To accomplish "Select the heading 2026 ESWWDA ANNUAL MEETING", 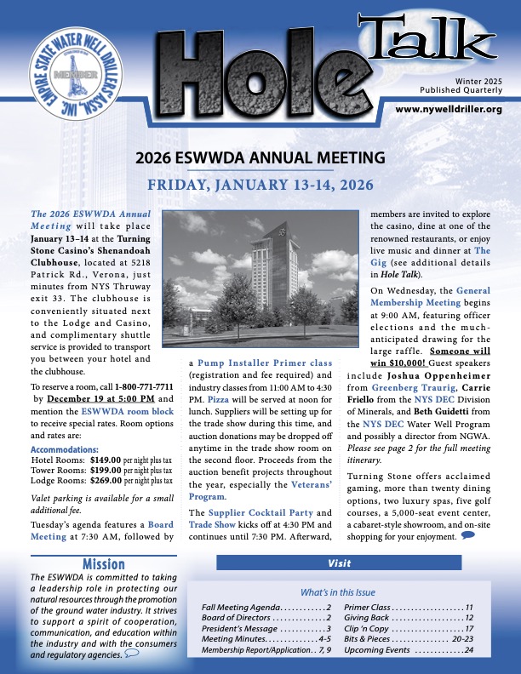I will [x=260, y=157].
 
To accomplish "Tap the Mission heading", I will [x=105, y=564].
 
